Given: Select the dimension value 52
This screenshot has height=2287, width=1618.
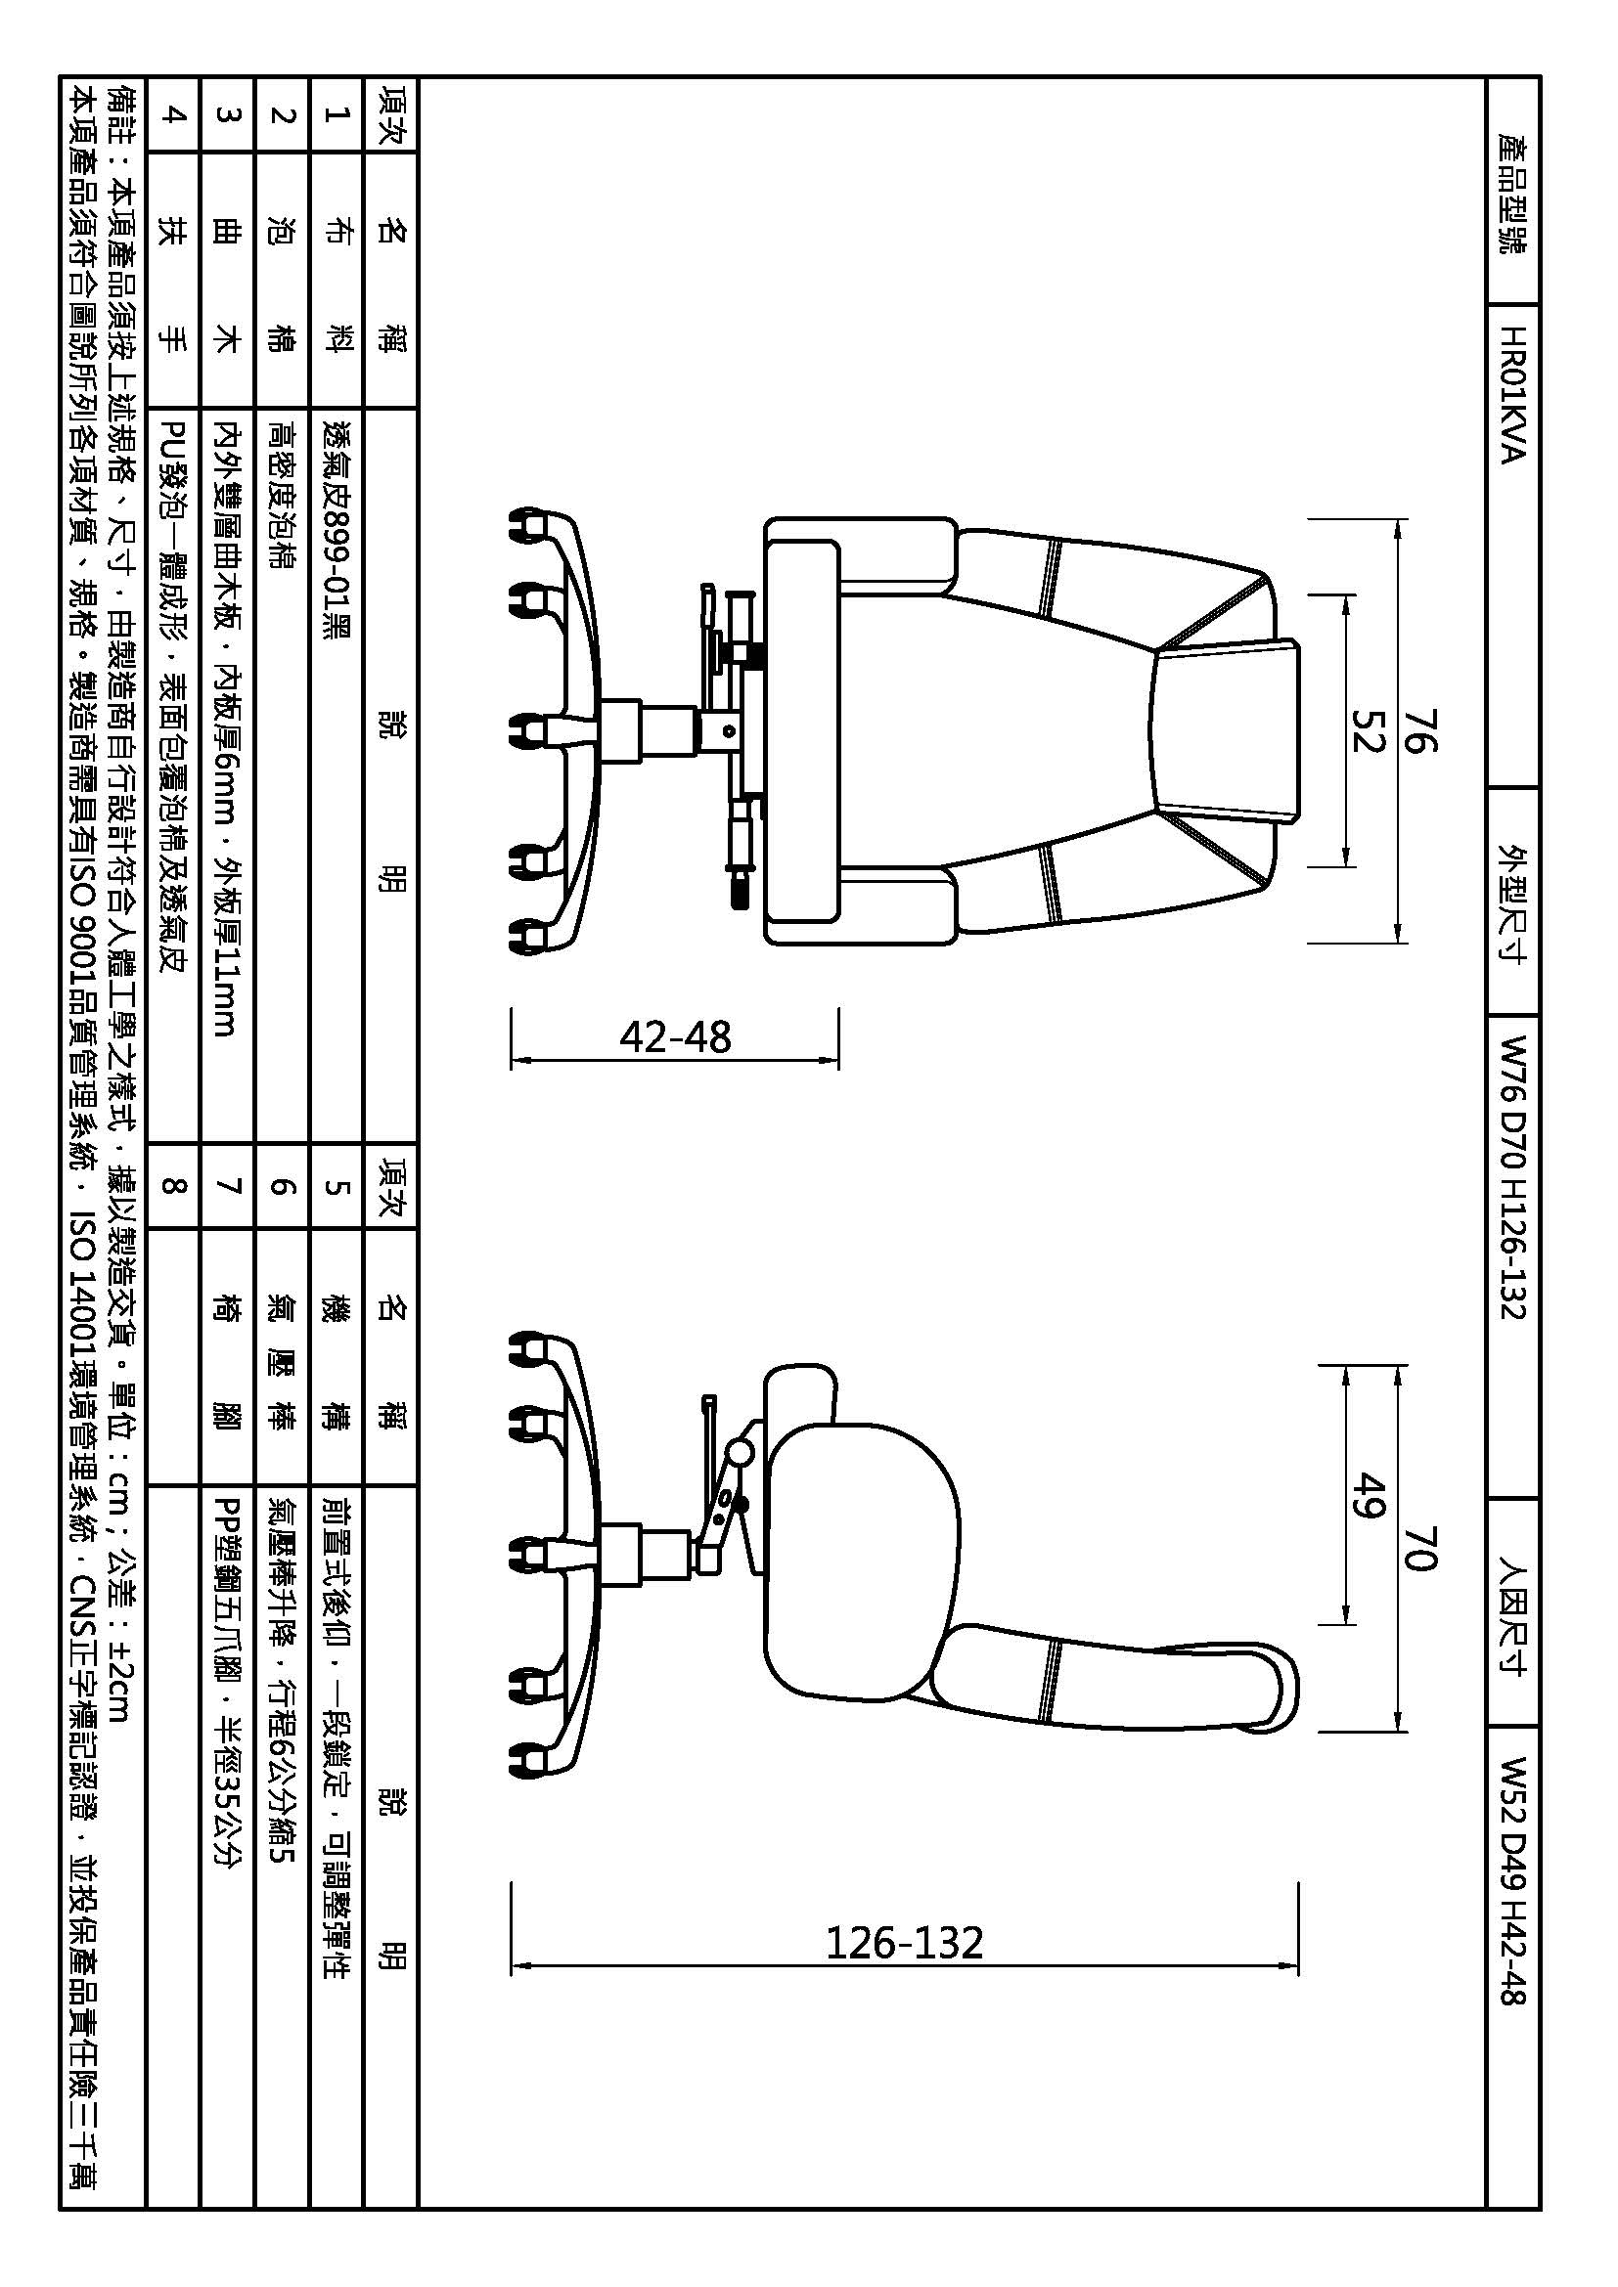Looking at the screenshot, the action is [1369, 730].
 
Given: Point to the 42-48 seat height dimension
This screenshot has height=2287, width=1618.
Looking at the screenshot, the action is [676, 1036].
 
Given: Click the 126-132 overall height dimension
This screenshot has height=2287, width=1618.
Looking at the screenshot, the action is [905, 1943].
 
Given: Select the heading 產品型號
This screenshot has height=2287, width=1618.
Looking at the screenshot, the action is [1511, 194].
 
